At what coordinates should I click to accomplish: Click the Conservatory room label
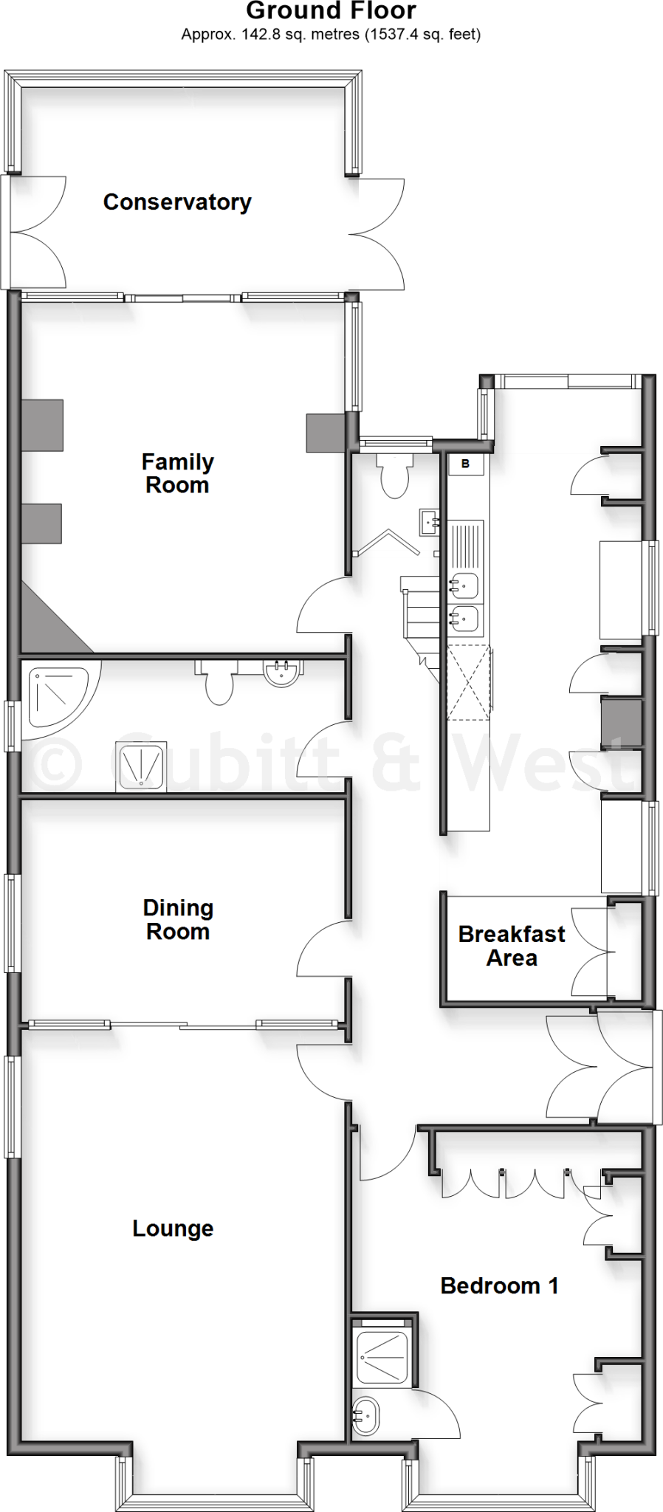click(x=177, y=202)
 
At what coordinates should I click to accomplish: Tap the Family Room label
click(x=177, y=473)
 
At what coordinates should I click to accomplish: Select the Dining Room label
click(x=178, y=919)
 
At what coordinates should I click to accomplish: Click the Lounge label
click(x=173, y=1228)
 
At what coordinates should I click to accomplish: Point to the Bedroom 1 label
click(x=499, y=1285)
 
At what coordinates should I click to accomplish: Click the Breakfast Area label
click(x=512, y=946)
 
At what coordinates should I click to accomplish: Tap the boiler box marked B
click(x=466, y=464)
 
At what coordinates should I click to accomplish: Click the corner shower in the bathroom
click(x=55, y=697)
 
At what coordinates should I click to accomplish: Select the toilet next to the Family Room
click(x=393, y=476)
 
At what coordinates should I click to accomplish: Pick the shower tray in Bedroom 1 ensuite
click(x=381, y=1357)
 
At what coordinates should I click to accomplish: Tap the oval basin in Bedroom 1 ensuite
click(x=364, y=1417)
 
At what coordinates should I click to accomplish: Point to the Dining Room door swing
click(x=323, y=949)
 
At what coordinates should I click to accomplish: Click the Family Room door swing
click(x=323, y=605)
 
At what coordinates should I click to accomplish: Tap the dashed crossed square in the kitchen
click(x=468, y=681)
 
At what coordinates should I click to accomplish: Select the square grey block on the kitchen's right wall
click(x=620, y=723)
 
